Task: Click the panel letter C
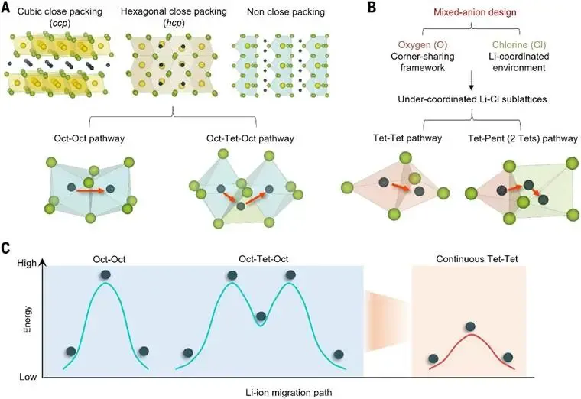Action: point(7,249)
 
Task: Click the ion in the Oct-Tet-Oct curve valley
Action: point(261,316)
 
